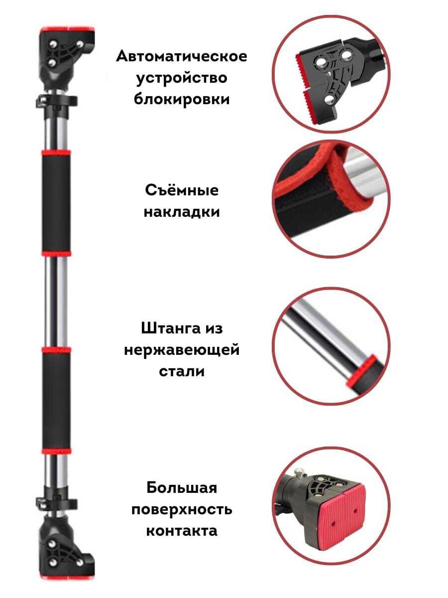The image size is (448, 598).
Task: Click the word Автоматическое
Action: point(181,57)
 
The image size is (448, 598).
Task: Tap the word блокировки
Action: point(182,99)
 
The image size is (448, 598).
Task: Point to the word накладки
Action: point(182,212)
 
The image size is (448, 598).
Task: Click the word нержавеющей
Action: point(182,350)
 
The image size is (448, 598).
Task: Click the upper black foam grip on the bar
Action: point(56,203)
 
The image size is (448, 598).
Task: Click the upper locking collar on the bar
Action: point(57,102)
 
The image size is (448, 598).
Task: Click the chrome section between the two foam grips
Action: point(56,302)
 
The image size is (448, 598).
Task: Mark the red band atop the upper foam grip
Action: point(56,152)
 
